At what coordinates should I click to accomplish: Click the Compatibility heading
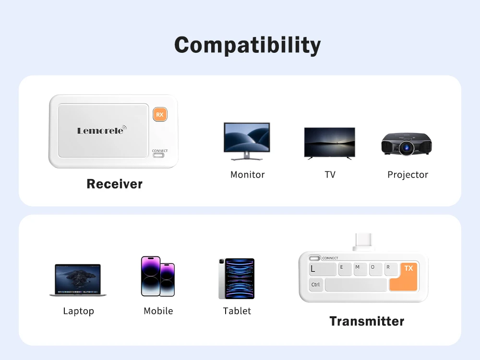pyautogui.click(x=247, y=45)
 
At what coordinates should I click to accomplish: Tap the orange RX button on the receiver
pyautogui.click(x=160, y=115)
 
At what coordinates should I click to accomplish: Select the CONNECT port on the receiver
pyautogui.click(x=158, y=155)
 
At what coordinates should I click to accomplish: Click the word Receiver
pyautogui.click(x=115, y=184)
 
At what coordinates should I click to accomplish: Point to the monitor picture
pyautogui.click(x=247, y=141)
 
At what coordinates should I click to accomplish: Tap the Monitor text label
pyautogui.click(x=247, y=175)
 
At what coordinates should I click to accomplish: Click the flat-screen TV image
pyautogui.click(x=330, y=143)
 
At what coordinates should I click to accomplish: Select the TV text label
pyautogui.click(x=330, y=175)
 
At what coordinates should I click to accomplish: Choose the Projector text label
pyautogui.click(x=408, y=175)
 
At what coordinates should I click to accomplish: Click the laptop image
pyautogui.click(x=78, y=280)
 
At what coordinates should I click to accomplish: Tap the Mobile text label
pyautogui.click(x=158, y=311)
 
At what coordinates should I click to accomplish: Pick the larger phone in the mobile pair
pyautogui.click(x=151, y=276)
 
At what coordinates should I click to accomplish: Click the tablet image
pyautogui.click(x=237, y=278)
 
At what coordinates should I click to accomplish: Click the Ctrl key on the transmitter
pyautogui.click(x=316, y=285)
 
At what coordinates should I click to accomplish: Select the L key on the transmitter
pyautogui.click(x=322, y=269)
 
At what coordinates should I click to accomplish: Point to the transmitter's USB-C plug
pyautogui.click(x=363, y=242)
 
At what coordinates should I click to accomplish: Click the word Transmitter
pyautogui.click(x=367, y=322)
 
